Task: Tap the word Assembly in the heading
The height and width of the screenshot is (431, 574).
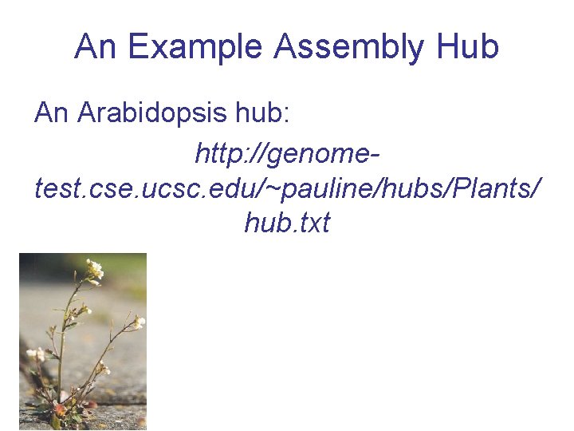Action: click(x=349, y=48)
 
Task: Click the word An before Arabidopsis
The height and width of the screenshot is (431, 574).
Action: click(x=53, y=113)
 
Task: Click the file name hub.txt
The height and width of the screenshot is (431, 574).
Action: click(x=287, y=223)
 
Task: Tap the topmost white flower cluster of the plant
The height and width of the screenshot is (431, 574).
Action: click(x=95, y=269)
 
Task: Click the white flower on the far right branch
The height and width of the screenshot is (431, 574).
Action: click(x=139, y=322)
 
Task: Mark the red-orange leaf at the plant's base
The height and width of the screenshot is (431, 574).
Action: click(x=57, y=411)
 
